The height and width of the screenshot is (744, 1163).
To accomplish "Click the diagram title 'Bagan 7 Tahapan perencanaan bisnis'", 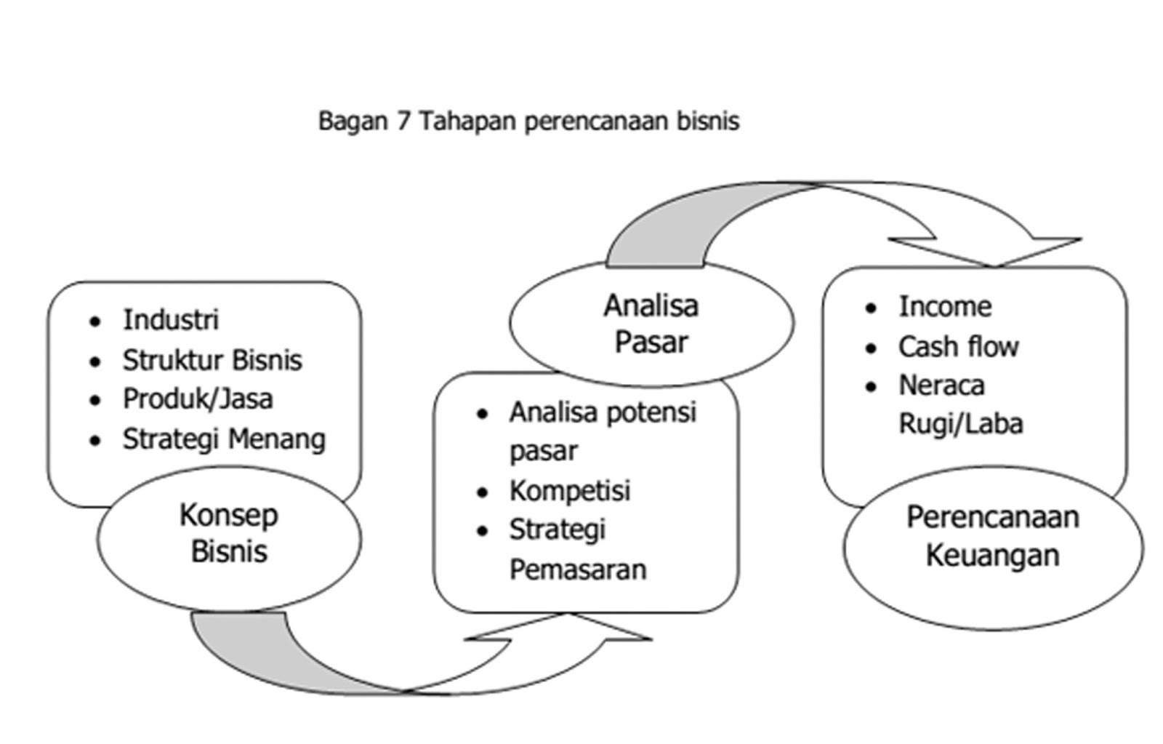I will (528, 121).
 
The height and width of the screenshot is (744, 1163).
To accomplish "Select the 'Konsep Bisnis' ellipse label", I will (229, 533).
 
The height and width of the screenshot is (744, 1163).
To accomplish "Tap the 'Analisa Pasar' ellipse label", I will (651, 323).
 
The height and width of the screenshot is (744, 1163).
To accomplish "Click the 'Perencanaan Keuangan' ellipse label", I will (992, 536).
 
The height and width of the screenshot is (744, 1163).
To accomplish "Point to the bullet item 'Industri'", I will (170, 319).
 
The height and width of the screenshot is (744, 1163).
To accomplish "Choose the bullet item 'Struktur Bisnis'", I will (212, 360).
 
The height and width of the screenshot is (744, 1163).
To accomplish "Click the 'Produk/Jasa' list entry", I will (197, 399).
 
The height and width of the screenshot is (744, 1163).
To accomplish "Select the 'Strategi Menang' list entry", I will (223, 439).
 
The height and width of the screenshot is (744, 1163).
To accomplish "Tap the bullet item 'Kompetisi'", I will (569, 491).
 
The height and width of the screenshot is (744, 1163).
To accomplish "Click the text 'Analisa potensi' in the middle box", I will (603, 412).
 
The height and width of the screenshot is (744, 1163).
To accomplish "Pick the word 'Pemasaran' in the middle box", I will (577, 569).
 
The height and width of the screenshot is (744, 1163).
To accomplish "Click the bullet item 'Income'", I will (944, 306).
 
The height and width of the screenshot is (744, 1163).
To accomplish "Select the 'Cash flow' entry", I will (958, 347).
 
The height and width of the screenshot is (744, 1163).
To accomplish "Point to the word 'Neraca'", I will (941, 385).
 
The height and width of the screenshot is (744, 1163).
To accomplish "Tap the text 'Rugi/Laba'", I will (960, 424).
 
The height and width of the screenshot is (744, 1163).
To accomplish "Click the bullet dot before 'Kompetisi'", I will (483, 492).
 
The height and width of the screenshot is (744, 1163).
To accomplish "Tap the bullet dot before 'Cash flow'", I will (872, 348).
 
